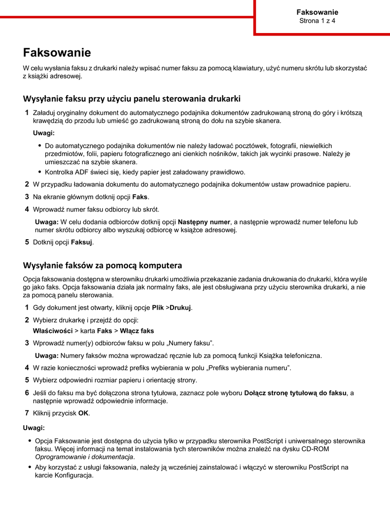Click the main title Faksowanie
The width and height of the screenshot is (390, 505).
(57, 53)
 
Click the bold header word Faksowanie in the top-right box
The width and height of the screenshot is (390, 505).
(317, 12)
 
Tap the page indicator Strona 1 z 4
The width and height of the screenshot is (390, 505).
(317, 21)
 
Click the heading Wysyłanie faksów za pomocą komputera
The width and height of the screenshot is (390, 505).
(103, 265)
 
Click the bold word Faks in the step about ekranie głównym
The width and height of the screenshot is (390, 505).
(140, 197)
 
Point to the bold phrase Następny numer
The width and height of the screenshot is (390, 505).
(204, 222)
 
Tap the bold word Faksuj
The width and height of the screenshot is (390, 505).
(82, 243)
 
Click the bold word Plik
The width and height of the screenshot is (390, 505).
(158, 308)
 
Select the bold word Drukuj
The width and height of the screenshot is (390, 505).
(180, 308)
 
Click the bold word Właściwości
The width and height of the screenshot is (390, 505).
(52, 331)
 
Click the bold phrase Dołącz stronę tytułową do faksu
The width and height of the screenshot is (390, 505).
(296, 393)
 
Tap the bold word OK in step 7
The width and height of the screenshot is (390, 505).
(83, 413)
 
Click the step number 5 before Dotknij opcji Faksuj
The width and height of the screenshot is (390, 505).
(27, 243)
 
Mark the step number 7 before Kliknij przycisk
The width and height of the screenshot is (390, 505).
(27, 413)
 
